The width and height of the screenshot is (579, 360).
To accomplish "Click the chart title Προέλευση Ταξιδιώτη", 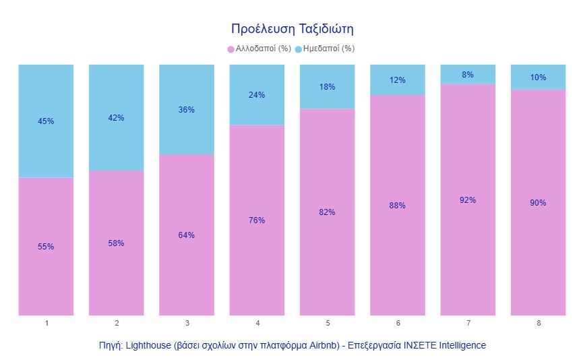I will [293, 29].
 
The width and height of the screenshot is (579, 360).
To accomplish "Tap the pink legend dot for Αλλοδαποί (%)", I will [231, 49].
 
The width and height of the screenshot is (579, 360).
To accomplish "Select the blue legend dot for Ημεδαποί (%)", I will [299, 49].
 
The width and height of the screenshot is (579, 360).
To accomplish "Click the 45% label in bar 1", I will [46, 121].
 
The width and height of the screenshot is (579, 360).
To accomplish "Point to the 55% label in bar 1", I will [46, 247].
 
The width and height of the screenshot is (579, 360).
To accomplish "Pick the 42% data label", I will [116, 118].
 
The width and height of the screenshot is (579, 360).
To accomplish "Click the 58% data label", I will [116, 243].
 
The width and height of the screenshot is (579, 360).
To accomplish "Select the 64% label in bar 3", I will [187, 235].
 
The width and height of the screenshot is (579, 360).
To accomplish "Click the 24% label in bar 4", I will [257, 95].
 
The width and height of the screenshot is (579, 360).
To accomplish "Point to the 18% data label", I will [327, 87].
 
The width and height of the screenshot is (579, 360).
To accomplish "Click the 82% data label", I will [327, 212].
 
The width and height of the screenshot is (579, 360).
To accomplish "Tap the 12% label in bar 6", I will [398, 80].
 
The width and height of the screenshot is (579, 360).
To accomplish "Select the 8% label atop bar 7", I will [468, 75].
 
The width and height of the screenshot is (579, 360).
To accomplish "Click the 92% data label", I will [468, 200].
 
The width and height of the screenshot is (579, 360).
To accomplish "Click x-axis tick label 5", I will [327, 324].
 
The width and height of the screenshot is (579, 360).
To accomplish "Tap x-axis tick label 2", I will [116, 324].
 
